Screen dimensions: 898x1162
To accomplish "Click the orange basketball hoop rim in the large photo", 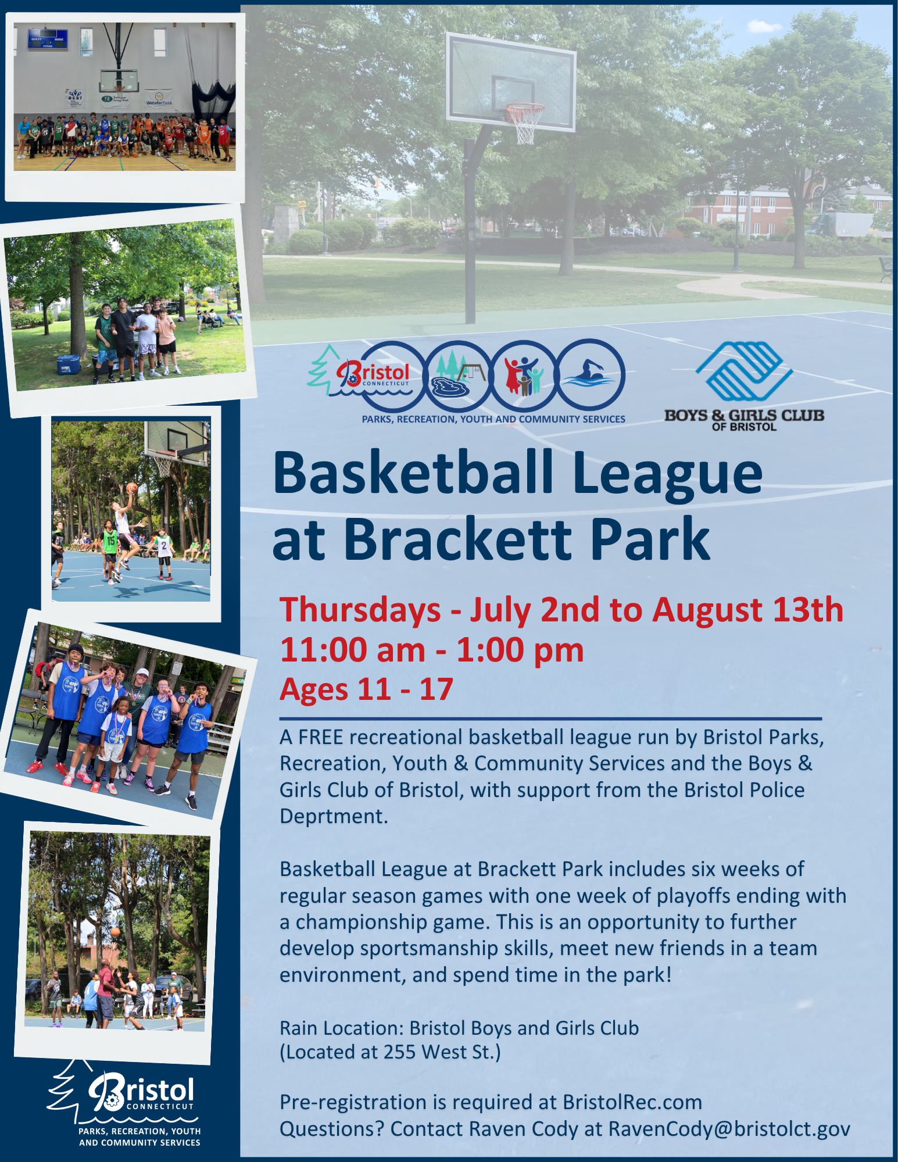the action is (x=525, y=108).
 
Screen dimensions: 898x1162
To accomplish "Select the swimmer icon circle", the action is (x=591, y=375).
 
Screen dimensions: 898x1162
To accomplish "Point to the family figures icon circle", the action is (x=524, y=376).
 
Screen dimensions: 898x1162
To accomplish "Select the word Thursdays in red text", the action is (x=360, y=610).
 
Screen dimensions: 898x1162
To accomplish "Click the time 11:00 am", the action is (x=353, y=650).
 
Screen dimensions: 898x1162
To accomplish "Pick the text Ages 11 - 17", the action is (x=366, y=689).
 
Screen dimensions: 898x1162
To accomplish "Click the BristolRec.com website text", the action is (x=632, y=1102).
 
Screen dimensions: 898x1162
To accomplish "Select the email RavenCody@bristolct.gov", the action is (x=729, y=1129).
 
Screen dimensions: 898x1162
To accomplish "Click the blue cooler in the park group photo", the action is (x=69, y=364).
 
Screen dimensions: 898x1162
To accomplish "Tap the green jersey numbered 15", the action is (x=110, y=541).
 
